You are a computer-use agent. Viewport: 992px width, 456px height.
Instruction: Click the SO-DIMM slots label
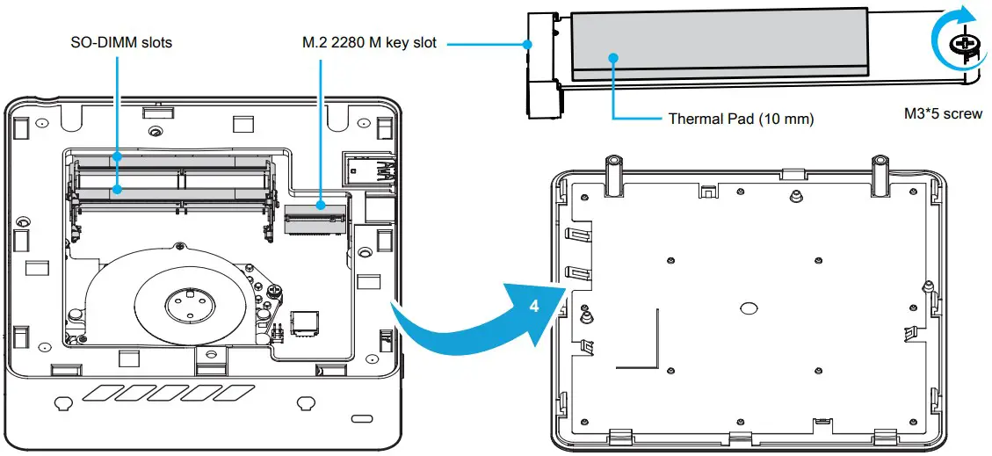[x=121, y=42]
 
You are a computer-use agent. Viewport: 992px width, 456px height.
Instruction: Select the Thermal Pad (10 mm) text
[x=741, y=119]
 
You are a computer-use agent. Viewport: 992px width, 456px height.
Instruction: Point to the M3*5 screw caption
[x=943, y=113]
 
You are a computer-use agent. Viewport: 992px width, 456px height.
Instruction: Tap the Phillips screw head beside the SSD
[x=965, y=44]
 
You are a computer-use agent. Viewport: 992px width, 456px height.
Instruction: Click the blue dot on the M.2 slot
[x=322, y=206]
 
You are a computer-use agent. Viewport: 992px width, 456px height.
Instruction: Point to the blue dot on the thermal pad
[x=613, y=58]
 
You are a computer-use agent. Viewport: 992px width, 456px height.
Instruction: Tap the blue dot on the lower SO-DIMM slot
[x=118, y=188]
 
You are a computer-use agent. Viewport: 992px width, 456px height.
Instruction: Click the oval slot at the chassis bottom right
[x=360, y=417]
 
